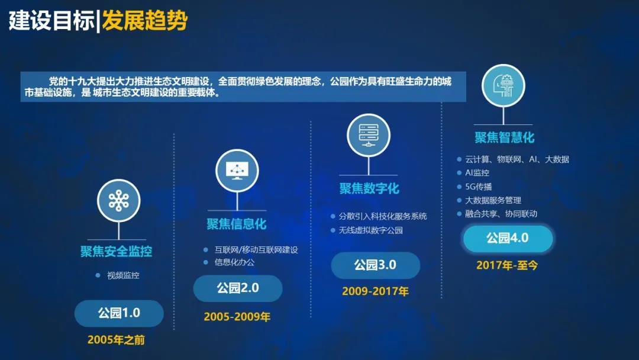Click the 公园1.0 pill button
coord(119,313)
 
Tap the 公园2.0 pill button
coord(238,288)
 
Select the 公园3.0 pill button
coord(375,265)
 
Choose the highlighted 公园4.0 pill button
coord(508,238)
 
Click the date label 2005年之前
coord(116,340)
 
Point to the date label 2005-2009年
coord(237,317)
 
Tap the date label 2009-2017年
coord(375,291)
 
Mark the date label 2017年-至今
coord(507,265)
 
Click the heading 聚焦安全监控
coord(116,251)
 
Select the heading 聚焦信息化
coord(236,224)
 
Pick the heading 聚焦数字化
coord(369,188)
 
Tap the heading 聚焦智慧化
coord(505,137)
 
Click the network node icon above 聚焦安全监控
coord(118,201)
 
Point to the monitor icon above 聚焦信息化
coord(237,171)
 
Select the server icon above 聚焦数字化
coord(369,135)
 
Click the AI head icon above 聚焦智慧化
coord(504,86)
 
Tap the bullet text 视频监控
coord(123,275)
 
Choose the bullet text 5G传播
coord(479,187)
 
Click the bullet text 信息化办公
coord(235,262)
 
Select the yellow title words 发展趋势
coord(145,20)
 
